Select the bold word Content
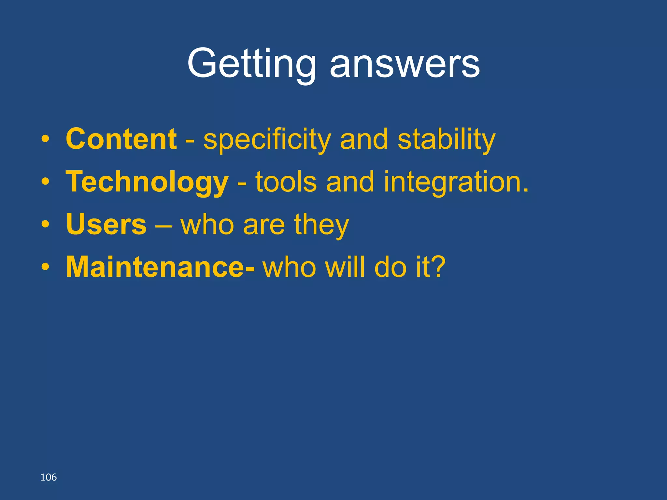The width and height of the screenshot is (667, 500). coord(121,139)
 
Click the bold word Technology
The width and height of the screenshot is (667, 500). coord(147,182)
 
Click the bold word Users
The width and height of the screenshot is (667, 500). coord(106,224)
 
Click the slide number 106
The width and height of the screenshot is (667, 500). coord(48,477)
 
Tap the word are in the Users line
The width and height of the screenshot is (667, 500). coord(263,226)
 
